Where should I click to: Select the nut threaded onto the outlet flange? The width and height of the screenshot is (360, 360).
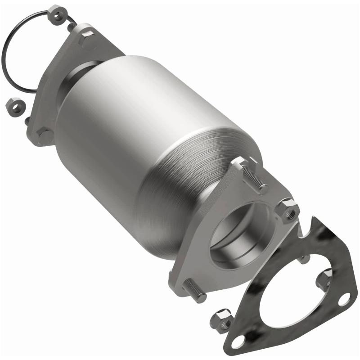288,209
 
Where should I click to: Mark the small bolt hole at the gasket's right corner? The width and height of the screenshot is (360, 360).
344,298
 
